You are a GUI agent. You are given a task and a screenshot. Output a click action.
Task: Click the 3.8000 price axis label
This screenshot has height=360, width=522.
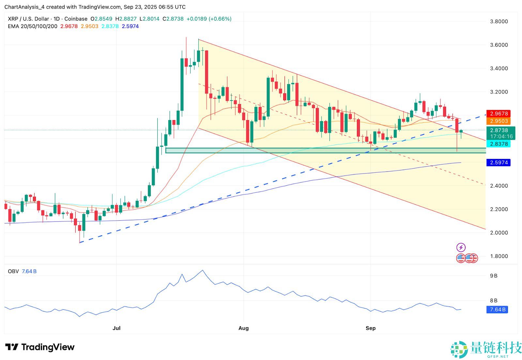499,22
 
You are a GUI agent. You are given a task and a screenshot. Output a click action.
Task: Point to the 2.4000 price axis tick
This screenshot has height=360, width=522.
499,186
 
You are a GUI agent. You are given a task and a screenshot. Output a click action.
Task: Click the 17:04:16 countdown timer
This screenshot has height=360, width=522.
501,136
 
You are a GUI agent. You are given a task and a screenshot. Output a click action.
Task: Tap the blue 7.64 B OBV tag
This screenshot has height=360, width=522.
498,309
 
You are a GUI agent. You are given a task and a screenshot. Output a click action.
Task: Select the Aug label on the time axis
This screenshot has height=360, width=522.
243,328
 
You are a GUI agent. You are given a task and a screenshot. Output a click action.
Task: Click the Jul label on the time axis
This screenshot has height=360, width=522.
116,328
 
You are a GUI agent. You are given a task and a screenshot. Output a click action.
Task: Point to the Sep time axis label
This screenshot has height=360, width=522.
371,328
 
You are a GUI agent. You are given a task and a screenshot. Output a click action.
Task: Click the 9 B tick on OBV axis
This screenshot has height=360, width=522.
494,276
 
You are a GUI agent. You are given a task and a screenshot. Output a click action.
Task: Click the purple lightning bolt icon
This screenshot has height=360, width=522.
461,247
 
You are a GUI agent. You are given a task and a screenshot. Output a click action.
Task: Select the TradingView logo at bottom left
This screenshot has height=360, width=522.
40,347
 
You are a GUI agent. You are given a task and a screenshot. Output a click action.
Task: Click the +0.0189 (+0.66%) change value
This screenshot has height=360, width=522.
209,19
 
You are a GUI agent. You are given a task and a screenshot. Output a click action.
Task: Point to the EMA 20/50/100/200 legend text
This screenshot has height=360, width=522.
33,26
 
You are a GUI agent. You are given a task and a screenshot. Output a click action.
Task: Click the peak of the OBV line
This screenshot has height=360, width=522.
203,270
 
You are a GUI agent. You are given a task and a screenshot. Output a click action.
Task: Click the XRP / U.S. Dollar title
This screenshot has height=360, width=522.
28,19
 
